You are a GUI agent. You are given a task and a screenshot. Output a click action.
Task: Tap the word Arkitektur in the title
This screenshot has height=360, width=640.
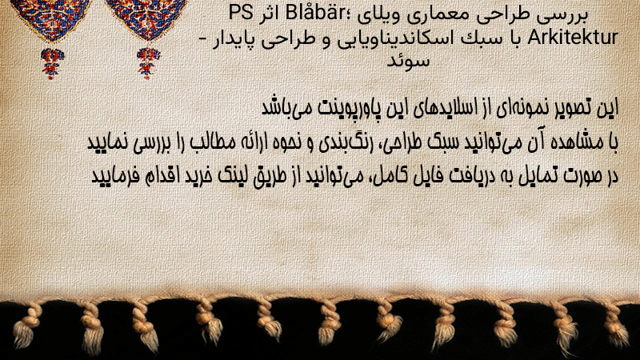[573, 37]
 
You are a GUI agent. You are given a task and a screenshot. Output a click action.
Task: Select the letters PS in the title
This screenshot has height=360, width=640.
[241, 13]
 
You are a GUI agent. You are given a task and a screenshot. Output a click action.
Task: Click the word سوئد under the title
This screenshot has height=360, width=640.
[408, 62]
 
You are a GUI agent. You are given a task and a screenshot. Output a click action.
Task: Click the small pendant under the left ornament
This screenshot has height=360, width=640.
[52, 63]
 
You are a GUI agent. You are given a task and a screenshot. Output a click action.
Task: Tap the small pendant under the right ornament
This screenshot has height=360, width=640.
[148, 63]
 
